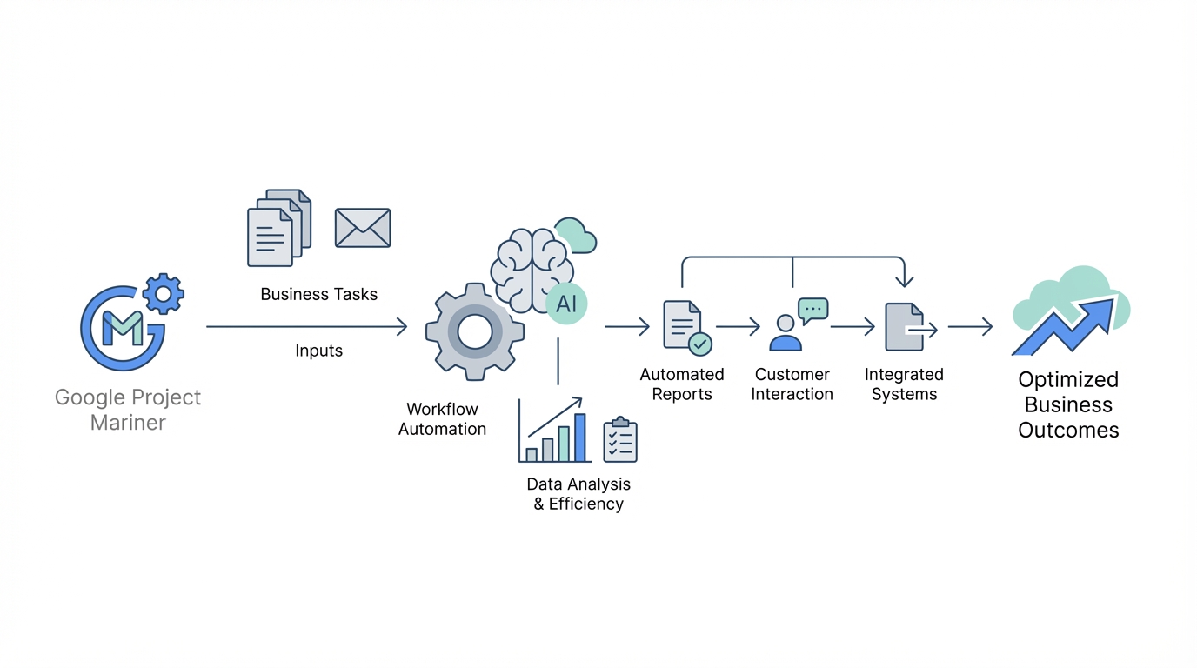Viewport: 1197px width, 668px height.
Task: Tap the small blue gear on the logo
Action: coord(163,294)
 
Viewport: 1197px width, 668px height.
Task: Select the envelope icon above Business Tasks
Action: coord(363,228)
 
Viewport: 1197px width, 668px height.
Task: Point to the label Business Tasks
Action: coord(318,294)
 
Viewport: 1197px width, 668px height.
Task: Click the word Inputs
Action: coord(318,351)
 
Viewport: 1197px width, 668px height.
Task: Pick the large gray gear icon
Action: coord(474,331)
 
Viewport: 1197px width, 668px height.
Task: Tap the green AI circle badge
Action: coord(566,304)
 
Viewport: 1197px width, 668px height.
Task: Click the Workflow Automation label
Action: coord(442,418)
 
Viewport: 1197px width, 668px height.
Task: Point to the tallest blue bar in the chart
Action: coord(580,437)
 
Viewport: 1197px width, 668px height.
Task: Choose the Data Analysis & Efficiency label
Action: coord(578,493)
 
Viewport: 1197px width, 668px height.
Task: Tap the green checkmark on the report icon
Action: coord(700,344)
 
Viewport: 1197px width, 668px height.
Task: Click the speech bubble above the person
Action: coord(812,310)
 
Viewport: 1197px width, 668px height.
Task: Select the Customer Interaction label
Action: coord(792,384)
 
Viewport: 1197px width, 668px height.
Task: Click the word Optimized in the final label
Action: coord(1068,379)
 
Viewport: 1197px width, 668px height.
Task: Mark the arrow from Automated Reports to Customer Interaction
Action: coord(738,327)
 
